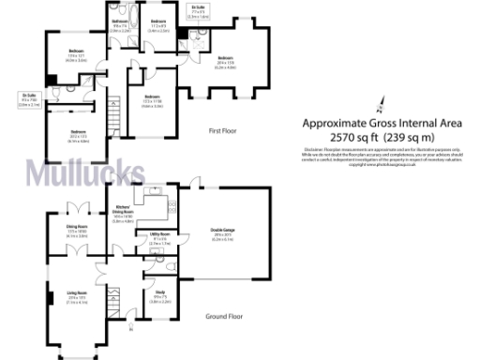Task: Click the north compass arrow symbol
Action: click(x=382, y=105)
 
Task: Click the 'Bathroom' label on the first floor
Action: click(x=121, y=22)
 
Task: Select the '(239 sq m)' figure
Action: click(x=418, y=137)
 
